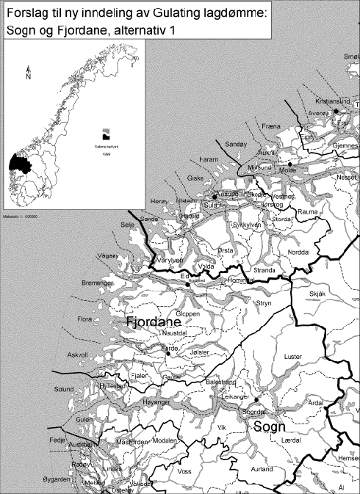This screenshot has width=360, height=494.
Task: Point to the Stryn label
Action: (x=264, y=301)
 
